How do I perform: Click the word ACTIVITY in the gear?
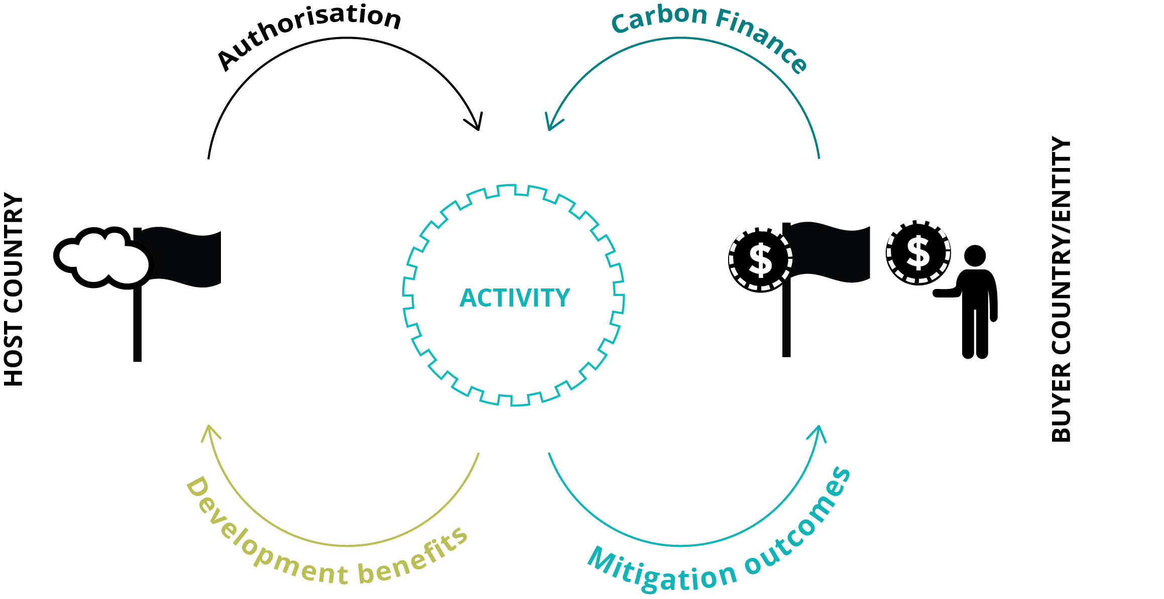tap(515, 298)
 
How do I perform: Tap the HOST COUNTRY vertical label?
tap(14, 290)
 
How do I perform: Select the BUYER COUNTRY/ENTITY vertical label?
tap(1061, 289)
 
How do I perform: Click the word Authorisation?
tap(309, 36)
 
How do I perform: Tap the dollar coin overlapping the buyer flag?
tap(760, 260)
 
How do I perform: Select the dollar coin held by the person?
tap(918, 253)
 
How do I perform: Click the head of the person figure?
tap(975, 256)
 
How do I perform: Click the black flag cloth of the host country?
tap(181, 257)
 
